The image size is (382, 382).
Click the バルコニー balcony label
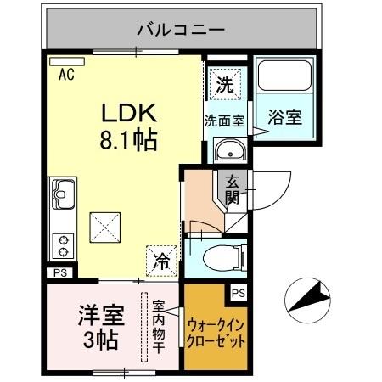coord(180,31)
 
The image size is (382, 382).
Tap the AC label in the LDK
coord(65,74)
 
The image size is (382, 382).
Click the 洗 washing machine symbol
coord(224,84)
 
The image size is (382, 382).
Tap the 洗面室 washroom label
coord(224,121)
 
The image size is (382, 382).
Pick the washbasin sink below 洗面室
coord(228,151)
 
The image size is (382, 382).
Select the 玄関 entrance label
coord(232,188)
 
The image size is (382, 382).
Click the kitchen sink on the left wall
coord(62,198)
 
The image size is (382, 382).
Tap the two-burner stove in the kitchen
coord(62,245)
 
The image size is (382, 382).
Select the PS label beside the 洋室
coord(59,272)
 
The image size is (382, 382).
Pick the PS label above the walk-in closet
coord(239,293)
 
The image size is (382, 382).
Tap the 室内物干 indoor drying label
coord(158,326)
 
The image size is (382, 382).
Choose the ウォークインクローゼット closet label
coord(216,334)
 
